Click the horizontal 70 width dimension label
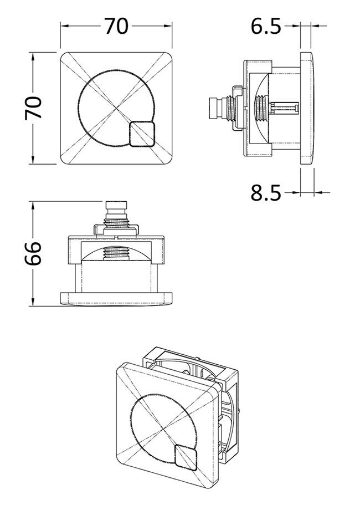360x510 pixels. point(116,26)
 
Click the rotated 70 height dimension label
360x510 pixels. point(34,108)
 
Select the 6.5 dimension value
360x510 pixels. point(267,26)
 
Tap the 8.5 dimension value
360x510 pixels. point(266,193)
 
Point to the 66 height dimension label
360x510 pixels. point(34,253)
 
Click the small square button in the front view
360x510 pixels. point(143,135)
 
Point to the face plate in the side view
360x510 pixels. point(308,108)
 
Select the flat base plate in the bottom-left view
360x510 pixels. point(116,298)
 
